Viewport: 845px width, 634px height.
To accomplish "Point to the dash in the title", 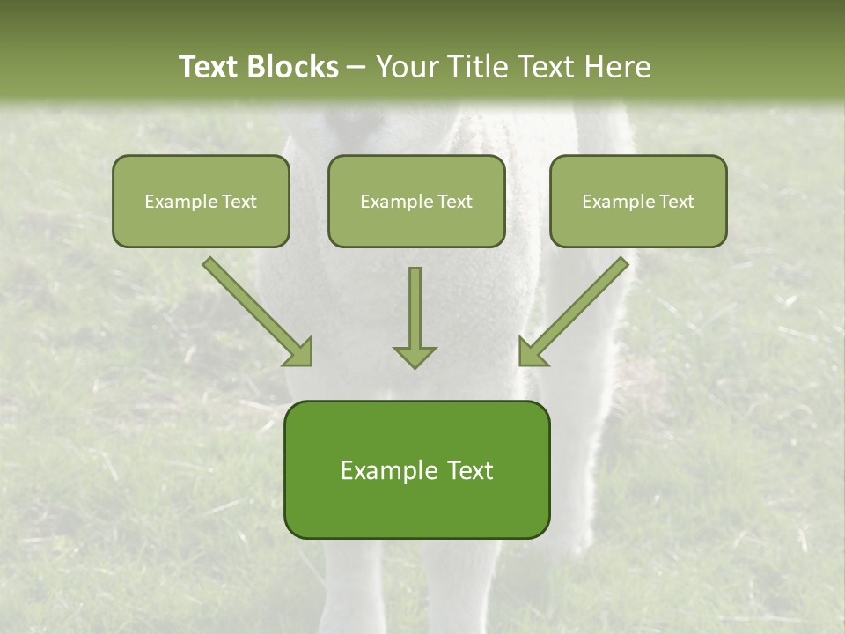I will point(356,67).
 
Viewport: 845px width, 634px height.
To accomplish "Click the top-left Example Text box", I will point(201,201).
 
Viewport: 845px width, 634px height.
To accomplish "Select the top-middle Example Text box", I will point(416,201).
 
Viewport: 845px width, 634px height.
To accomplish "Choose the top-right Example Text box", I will point(638,201).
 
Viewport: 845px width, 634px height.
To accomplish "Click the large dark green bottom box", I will point(416,469).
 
